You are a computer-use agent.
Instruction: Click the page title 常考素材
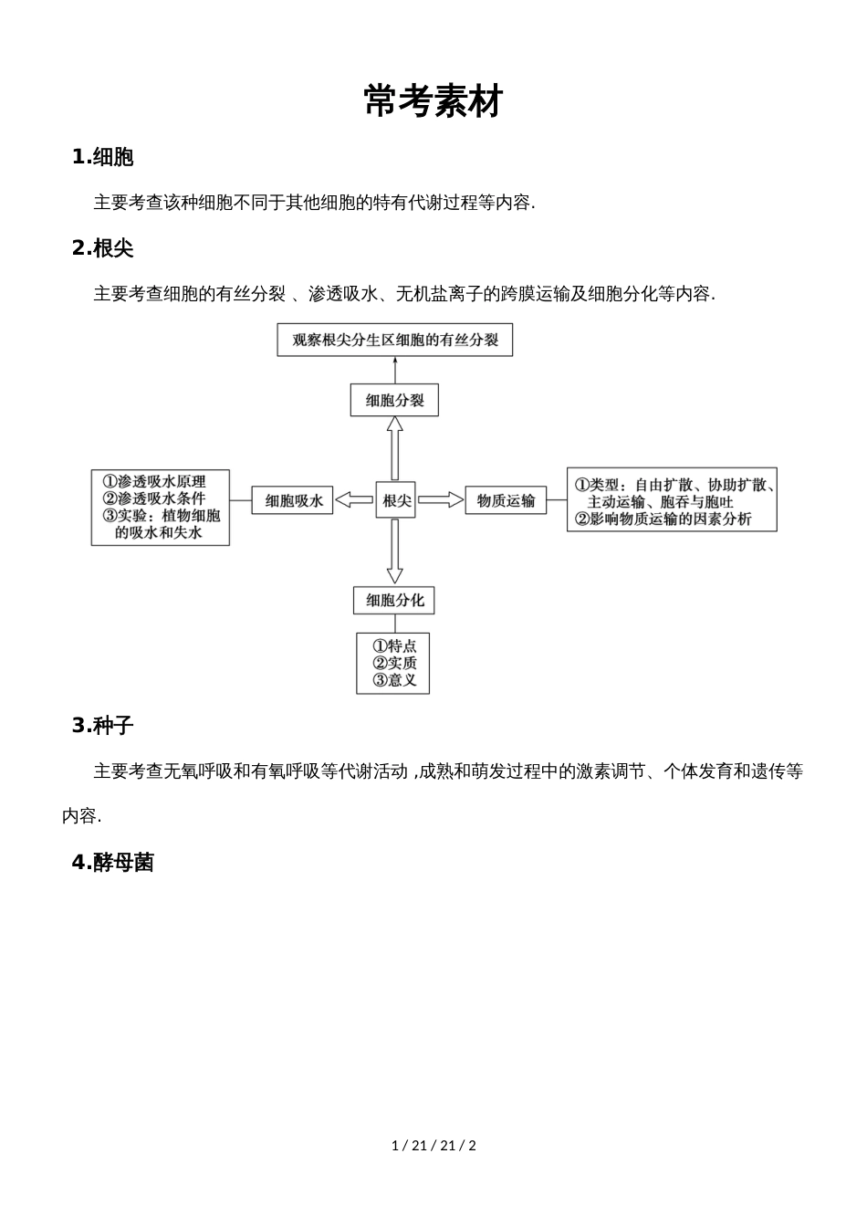click(x=433, y=101)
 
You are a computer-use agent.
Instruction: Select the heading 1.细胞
click(x=103, y=157)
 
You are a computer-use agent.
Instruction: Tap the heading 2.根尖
click(x=103, y=247)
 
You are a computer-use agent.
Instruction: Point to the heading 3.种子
click(x=103, y=726)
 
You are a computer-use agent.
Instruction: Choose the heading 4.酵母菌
click(x=113, y=862)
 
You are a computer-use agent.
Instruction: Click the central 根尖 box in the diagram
click(x=396, y=500)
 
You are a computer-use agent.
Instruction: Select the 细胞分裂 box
click(x=394, y=400)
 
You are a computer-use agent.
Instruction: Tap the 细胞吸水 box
click(x=293, y=500)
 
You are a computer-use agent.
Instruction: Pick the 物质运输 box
click(x=506, y=500)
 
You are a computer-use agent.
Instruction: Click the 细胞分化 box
click(x=394, y=600)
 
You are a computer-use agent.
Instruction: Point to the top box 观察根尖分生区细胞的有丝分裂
click(x=394, y=341)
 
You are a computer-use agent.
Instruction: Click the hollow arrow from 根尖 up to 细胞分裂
click(x=394, y=448)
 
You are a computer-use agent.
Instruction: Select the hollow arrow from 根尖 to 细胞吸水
click(x=355, y=499)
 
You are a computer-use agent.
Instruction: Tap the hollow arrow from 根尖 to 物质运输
click(x=441, y=499)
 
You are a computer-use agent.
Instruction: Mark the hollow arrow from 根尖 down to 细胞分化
click(x=394, y=551)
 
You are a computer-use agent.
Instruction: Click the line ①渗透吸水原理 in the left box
click(x=154, y=481)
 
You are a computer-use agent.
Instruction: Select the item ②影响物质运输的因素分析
click(x=663, y=519)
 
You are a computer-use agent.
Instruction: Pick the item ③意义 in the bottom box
click(x=394, y=680)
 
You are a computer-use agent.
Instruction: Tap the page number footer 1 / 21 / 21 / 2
click(x=433, y=1145)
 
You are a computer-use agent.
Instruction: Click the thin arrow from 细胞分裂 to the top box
click(x=395, y=370)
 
